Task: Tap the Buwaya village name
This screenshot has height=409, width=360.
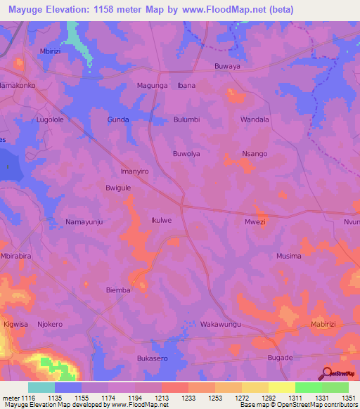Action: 227,67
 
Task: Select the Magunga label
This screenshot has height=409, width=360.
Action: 151,86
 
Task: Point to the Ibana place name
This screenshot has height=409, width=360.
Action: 186,86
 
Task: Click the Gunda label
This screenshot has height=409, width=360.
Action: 118,119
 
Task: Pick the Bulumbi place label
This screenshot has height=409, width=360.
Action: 188,119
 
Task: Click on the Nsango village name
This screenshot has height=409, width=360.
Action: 255,153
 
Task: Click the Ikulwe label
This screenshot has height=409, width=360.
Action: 161,221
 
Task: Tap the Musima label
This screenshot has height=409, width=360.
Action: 289,256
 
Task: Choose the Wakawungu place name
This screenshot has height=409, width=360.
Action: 221,325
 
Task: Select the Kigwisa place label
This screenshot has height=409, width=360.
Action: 15,325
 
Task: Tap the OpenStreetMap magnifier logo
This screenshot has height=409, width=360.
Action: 327,373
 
